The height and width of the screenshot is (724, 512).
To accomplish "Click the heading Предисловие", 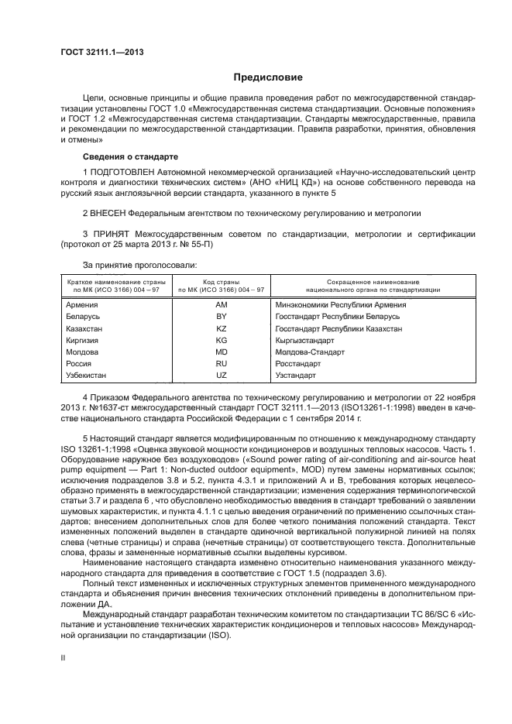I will [x=263, y=77].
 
